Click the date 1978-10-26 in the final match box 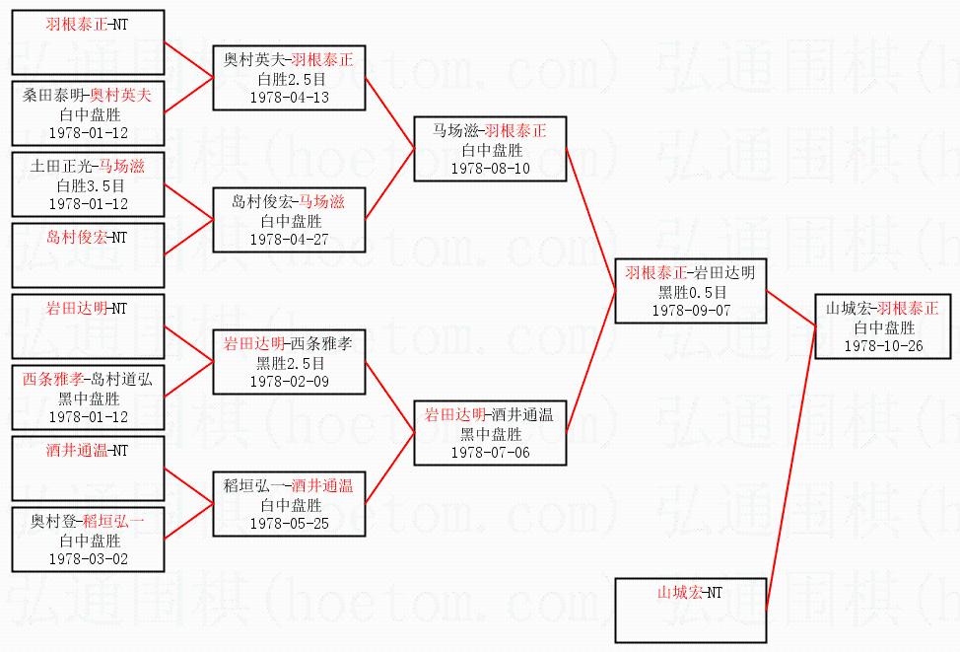pyautogui.click(x=883, y=346)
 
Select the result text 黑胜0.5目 pyautogui.click(x=692, y=292)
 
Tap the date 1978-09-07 pyautogui.click(x=691, y=311)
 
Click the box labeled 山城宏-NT pyautogui.click(x=691, y=611)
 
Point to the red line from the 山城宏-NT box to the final pyautogui.click(x=791, y=469)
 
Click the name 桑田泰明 pyautogui.click(x=53, y=95)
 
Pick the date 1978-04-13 pyautogui.click(x=290, y=98)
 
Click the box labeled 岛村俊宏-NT pyautogui.click(x=88, y=254)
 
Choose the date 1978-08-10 pyautogui.click(x=491, y=169)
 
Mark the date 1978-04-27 pyautogui.click(x=290, y=240)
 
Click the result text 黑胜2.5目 pyautogui.click(x=290, y=363)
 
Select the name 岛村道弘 pyautogui.click(x=121, y=380)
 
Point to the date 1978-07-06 pyautogui.click(x=491, y=453)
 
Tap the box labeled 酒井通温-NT pyautogui.click(x=88, y=469)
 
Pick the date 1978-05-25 pyautogui.click(x=290, y=524)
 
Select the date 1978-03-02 pyautogui.click(x=89, y=559)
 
